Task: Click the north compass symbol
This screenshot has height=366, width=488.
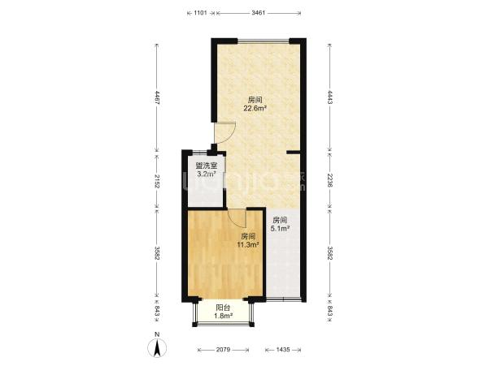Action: [x=157, y=346]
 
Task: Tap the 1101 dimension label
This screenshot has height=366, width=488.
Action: [x=200, y=13]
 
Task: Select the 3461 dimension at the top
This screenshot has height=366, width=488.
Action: [x=258, y=13]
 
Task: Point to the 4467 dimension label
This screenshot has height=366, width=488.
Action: [x=157, y=97]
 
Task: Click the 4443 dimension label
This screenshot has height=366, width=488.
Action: [x=330, y=97]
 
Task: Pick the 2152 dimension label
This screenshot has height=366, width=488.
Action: [x=157, y=182]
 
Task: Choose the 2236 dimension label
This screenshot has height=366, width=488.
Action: [x=330, y=180]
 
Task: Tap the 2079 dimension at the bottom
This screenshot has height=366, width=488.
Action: [x=223, y=350]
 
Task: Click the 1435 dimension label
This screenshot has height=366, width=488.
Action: [x=283, y=350]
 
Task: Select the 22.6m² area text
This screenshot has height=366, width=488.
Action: [x=255, y=109]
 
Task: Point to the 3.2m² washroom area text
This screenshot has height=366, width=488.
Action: [x=207, y=174]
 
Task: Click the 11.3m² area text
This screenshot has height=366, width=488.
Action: [x=248, y=245]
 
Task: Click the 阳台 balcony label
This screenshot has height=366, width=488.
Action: [x=223, y=308]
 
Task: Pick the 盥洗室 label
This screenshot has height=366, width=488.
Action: [x=206, y=166]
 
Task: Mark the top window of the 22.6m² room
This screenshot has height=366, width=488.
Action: [x=264, y=41]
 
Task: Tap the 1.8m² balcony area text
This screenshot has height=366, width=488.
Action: [x=224, y=316]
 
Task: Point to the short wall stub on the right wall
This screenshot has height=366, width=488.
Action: [x=293, y=152]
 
